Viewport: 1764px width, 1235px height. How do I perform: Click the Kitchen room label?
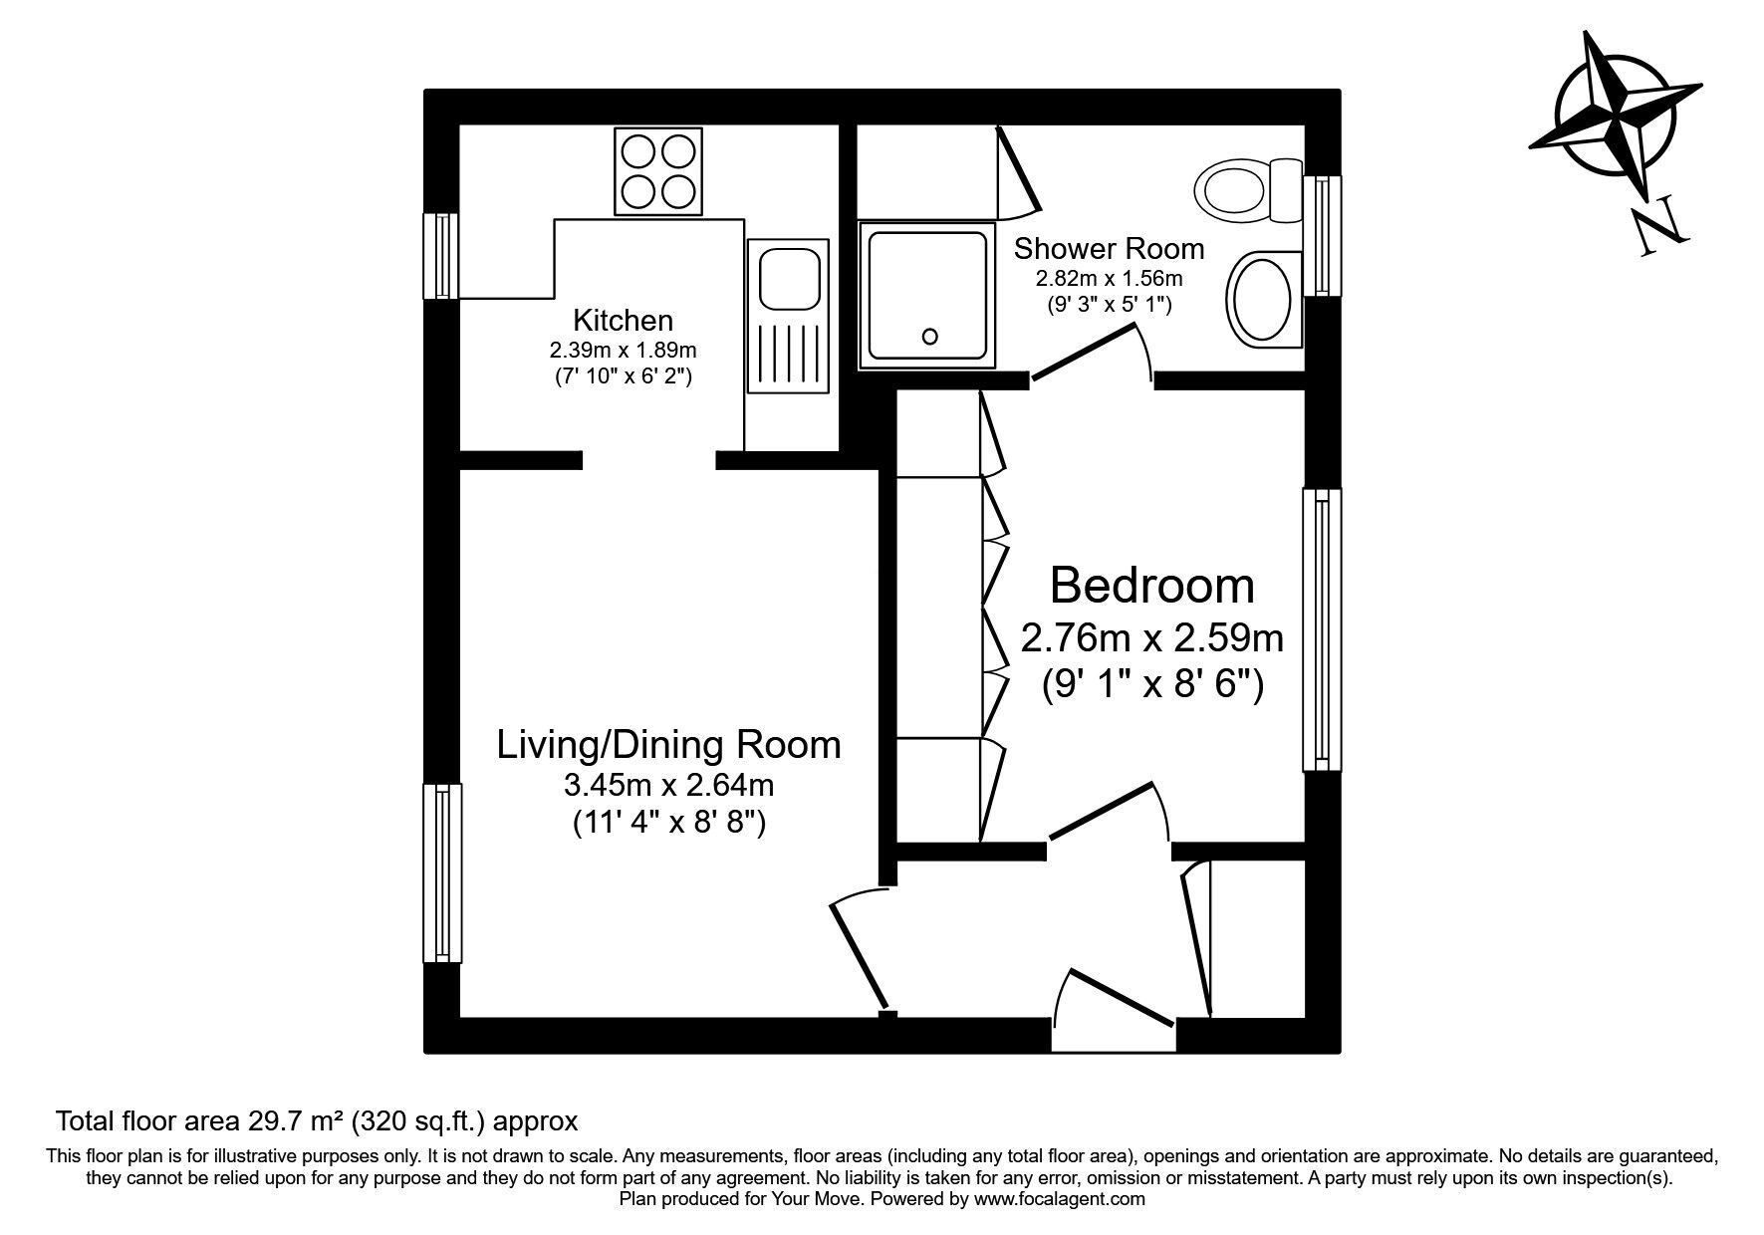pos(623,321)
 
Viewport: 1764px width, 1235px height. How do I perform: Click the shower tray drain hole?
pos(931,337)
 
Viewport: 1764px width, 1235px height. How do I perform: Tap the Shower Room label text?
pos(1109,247)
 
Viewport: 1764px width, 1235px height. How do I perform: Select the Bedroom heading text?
pos(1151,586)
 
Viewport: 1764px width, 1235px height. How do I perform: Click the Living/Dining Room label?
pos(668,744)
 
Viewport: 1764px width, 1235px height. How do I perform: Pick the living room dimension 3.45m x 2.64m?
pos(668,786)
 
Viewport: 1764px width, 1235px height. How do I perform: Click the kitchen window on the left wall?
pos(440,255)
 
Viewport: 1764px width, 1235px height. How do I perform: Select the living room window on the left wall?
pos(441,872)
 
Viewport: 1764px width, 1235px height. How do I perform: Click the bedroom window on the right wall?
pos(1322,629)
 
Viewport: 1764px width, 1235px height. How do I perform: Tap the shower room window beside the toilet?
pos(1322,235)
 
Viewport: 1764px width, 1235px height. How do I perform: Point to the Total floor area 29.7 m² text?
pos(317,1121)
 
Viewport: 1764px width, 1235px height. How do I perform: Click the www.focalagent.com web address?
pos(1059,1199)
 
